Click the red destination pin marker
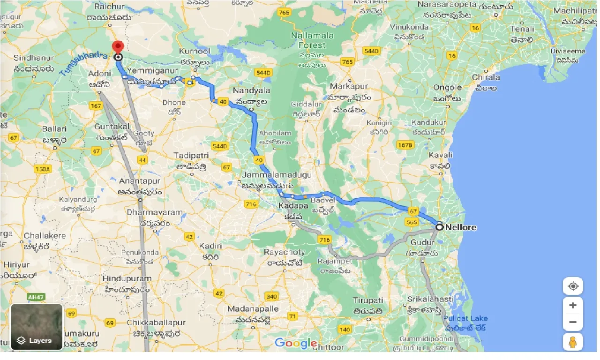tap(118, 47)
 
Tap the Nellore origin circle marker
tap(439, 227)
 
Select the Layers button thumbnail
tap(37, 327)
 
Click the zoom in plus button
tap(572, 306)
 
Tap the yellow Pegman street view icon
tap(572, 342)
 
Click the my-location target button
tap(572, 286)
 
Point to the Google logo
tap(296, 343)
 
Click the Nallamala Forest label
tap(312, 40)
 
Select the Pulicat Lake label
tap(465, 318)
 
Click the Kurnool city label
tap(195, 51)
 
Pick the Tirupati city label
tap(368, 300)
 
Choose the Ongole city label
tap(447, 87)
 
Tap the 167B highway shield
tap(405, 145)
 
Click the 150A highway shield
tap(42, 169)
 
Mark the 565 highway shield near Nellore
tap(412, 222)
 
